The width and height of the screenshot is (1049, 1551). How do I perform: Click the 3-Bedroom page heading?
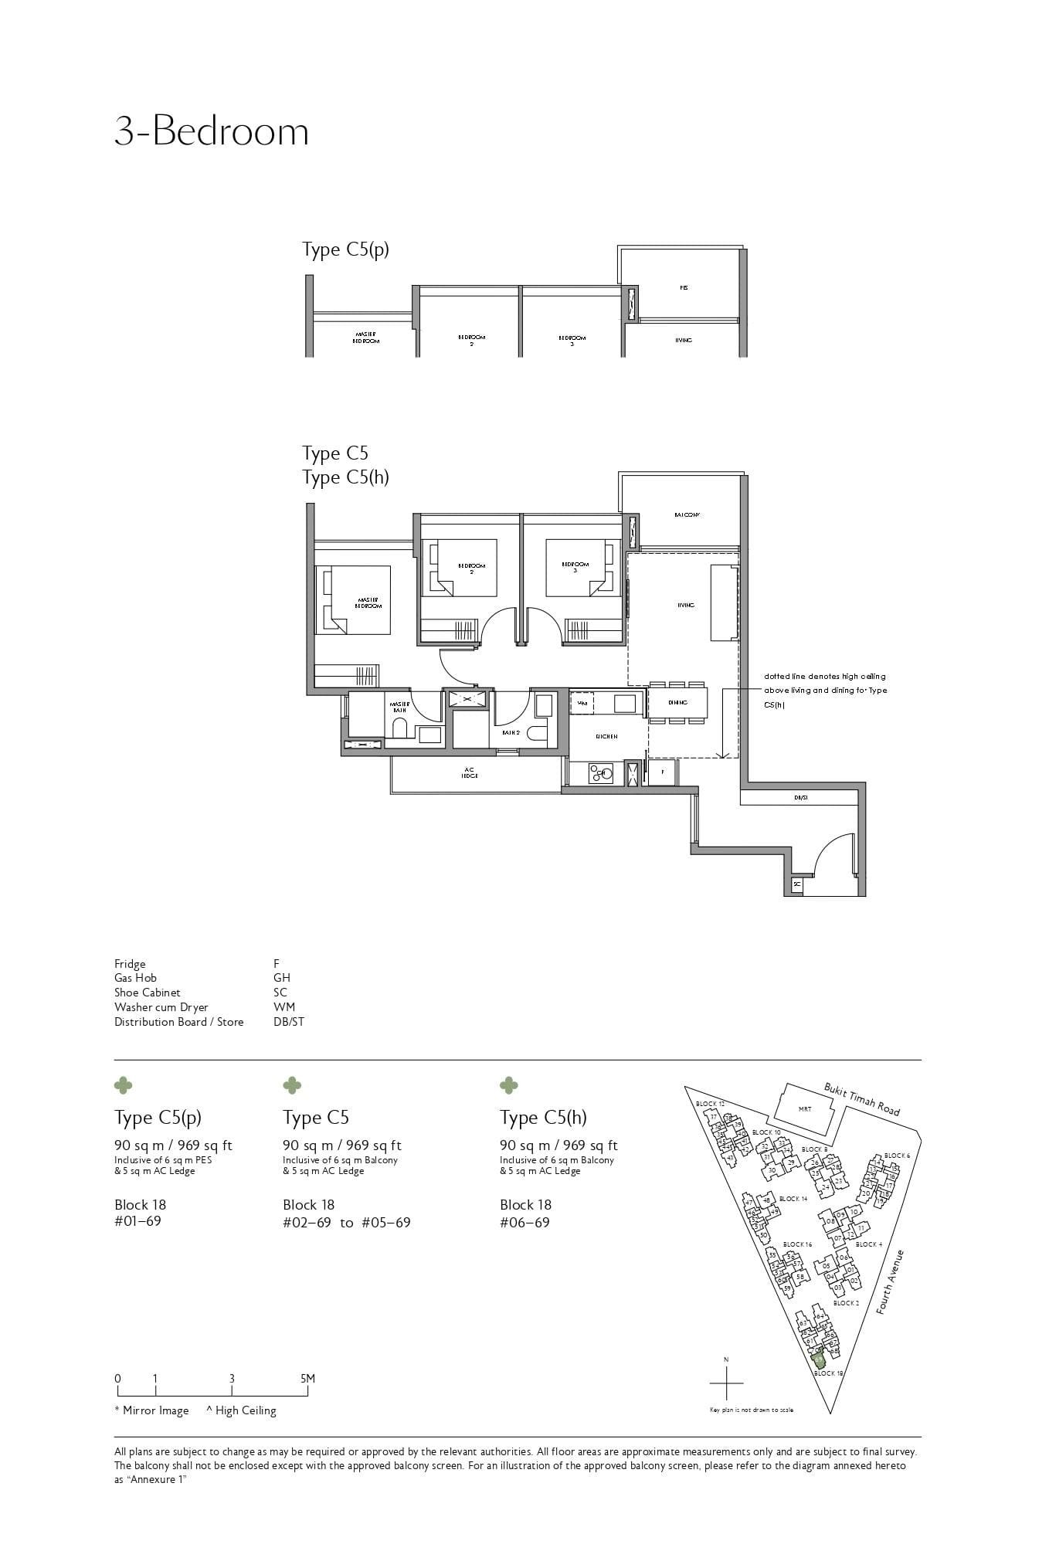[211, 131]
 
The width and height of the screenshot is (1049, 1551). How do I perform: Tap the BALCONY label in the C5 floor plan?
[686, 514]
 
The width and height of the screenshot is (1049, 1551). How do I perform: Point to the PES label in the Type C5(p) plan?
[684, 287]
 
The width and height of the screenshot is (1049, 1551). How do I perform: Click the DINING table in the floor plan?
[677, 702]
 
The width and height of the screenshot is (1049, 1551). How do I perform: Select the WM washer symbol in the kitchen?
[582, 704]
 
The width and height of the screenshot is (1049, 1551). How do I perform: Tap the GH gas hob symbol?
[601, 772]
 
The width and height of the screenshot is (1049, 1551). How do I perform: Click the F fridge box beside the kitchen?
[662, 772]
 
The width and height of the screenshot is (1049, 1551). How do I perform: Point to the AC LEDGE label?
[469, 772]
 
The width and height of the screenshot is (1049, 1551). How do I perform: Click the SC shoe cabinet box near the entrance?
[796, 884]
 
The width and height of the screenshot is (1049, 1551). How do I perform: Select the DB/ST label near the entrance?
[801, 797]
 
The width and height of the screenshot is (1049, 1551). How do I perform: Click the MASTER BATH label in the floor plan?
[399, 707]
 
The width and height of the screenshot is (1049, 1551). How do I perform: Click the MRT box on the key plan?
[804, 1108]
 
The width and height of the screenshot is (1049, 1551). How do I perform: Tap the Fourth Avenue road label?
[891, 1282]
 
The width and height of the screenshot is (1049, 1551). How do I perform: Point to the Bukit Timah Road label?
[861, 1099]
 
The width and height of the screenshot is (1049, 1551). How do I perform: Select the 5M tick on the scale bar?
[307, 1379]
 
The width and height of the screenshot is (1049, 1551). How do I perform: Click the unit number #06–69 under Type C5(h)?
[524, 1222]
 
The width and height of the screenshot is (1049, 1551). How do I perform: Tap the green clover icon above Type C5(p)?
[123, 1085]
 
